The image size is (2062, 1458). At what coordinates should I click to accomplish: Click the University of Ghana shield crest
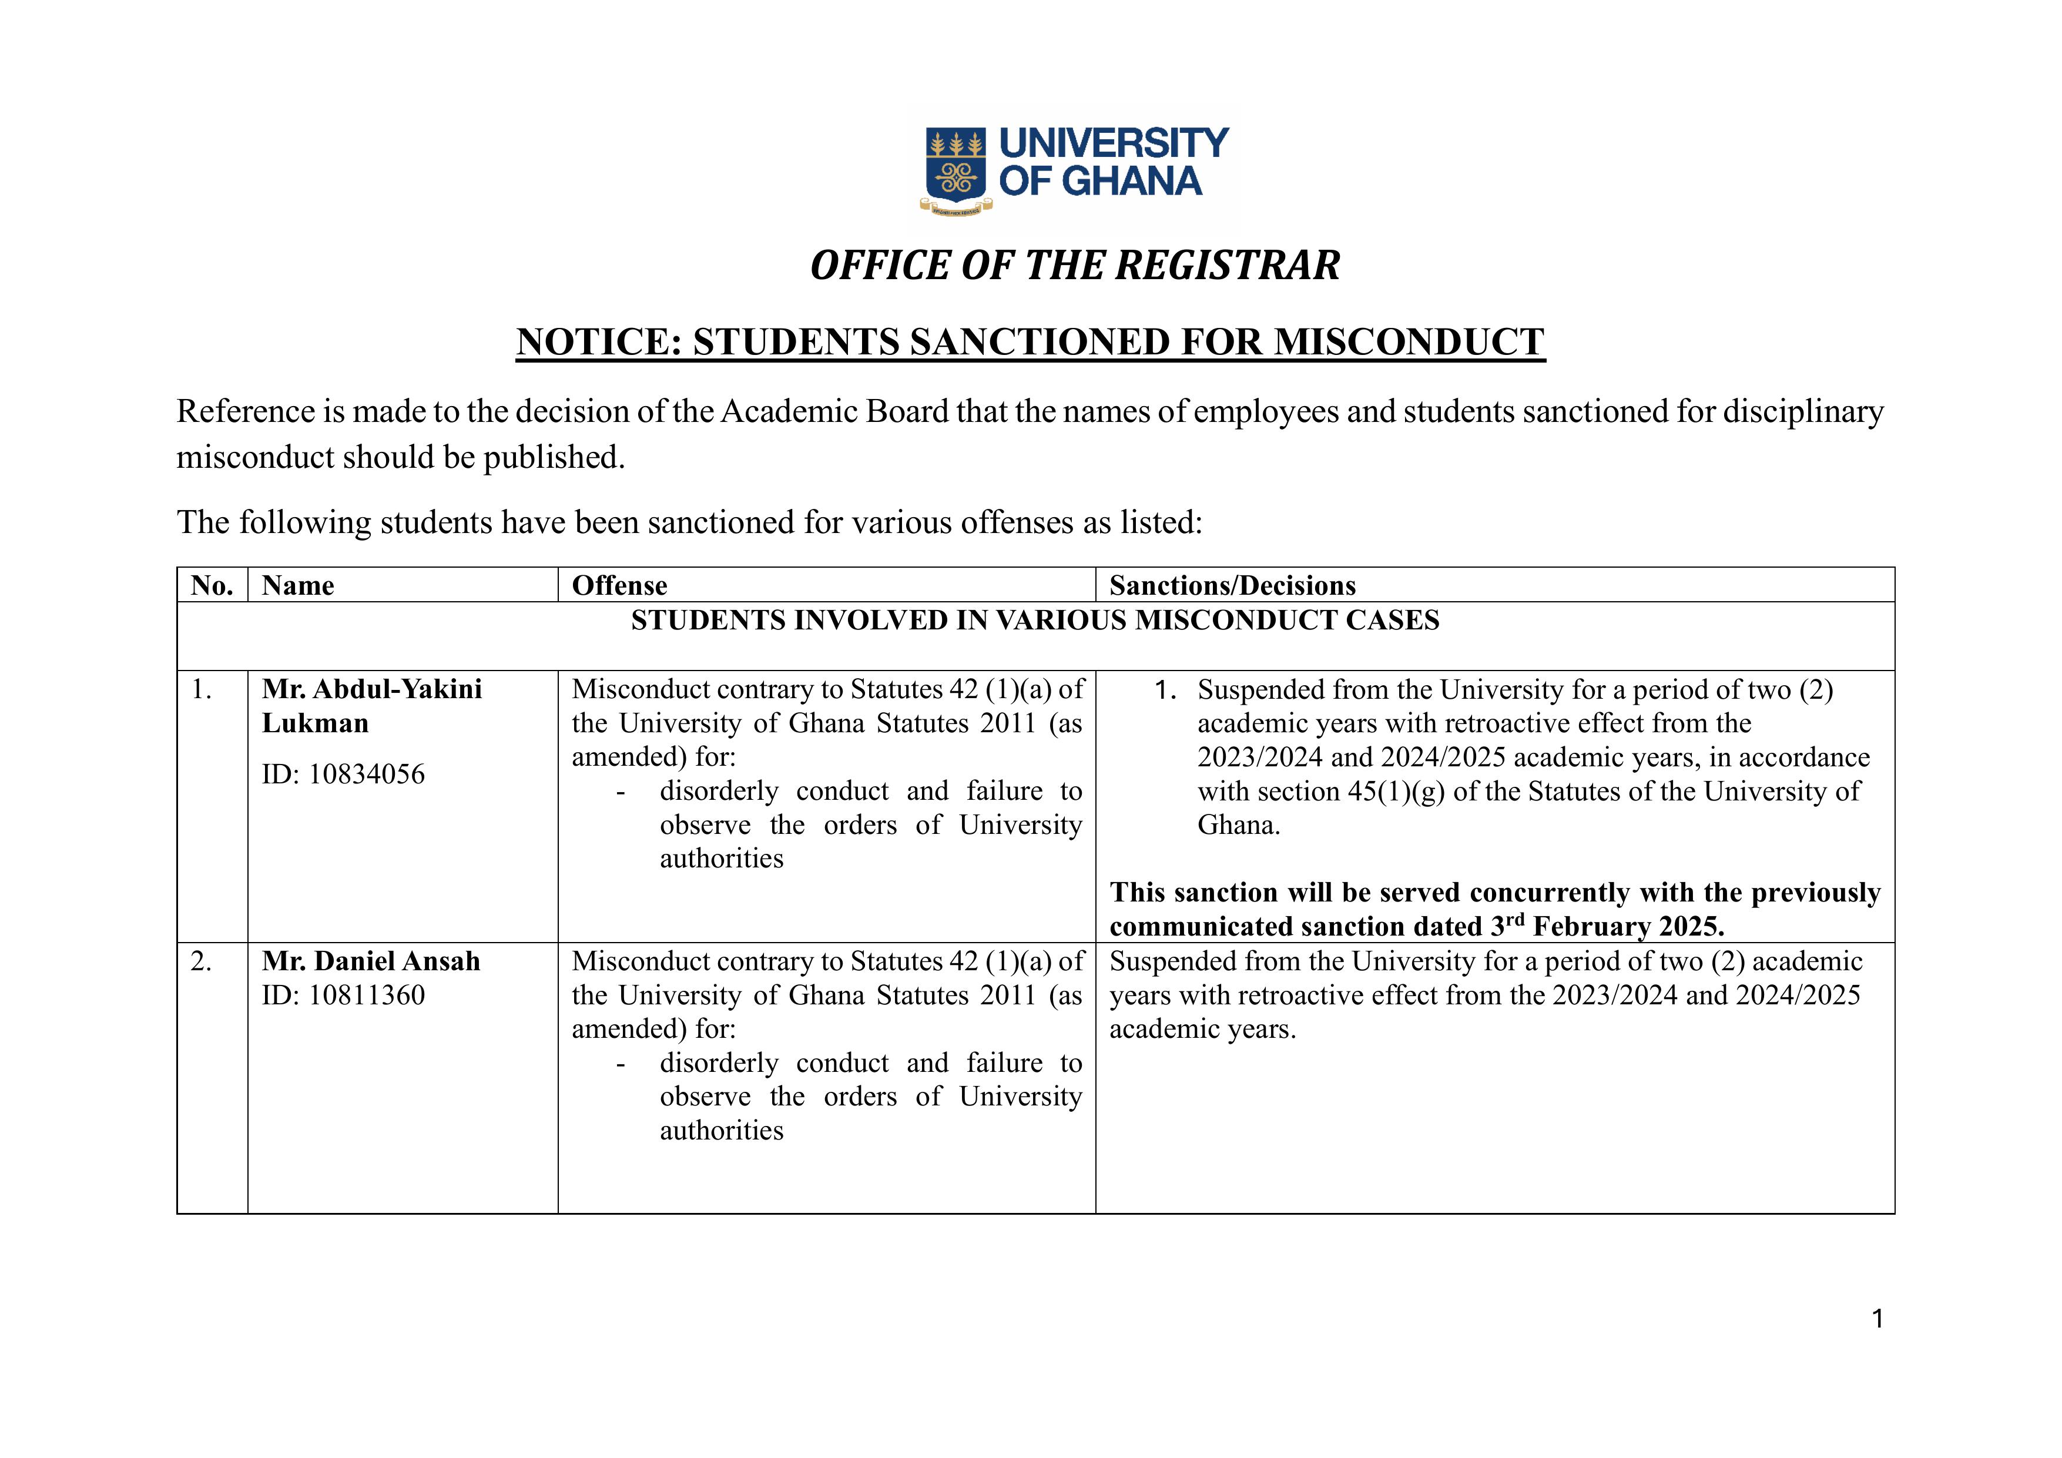click(x=955, y=165)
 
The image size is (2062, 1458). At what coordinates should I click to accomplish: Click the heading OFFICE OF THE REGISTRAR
click(x=1074, y=266)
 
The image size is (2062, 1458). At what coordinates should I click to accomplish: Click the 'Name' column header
click(x=297, y=586)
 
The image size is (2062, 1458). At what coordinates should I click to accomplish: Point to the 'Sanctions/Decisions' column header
click(x=1232, y=586)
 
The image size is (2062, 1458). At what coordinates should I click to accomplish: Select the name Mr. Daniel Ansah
click(x=371, y=961)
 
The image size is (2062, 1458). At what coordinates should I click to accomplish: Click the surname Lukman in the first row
click(x=315, y=723)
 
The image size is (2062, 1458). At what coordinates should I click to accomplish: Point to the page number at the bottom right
click(x=1876, y=1319)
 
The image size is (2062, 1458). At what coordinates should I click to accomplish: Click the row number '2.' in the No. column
click(x=201, y=961)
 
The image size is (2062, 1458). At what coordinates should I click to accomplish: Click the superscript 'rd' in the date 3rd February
click(x=1515, y=919)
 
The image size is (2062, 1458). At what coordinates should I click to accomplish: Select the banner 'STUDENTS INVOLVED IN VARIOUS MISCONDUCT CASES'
click(x=1035, y=621)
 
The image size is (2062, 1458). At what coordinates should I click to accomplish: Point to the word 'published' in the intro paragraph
click(x=553, y=457)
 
